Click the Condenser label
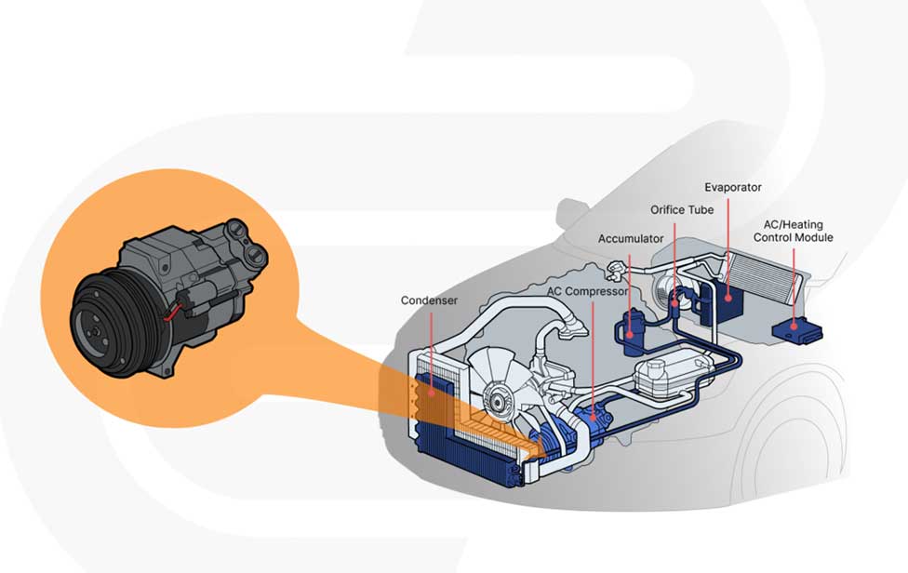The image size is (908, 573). (x=429, y=300)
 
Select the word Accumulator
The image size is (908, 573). (x=631, y=239)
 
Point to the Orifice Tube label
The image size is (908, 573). (x=682, y=210)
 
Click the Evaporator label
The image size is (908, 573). (x=733, y=187)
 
